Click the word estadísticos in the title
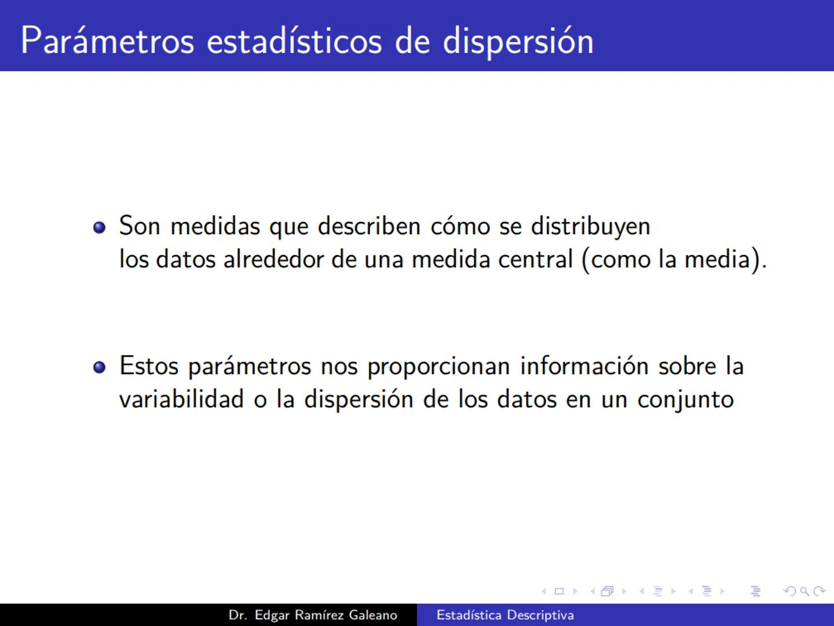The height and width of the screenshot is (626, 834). click(294, 41)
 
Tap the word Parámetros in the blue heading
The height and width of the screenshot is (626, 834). click(107, 41)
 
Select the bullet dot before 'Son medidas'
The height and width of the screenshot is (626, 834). click(100, 227)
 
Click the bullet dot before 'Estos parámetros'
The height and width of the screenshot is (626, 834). click(100, 367)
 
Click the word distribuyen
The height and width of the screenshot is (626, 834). click(590, 226)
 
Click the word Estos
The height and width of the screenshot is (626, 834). click(149, 366)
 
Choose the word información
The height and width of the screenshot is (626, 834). click(584, 366)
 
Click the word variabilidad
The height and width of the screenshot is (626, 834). click(181, 399)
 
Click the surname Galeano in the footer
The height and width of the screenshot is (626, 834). click(373, 615)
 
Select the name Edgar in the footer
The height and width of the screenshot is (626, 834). click(272, 615)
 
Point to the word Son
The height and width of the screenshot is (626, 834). click(140, 226)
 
